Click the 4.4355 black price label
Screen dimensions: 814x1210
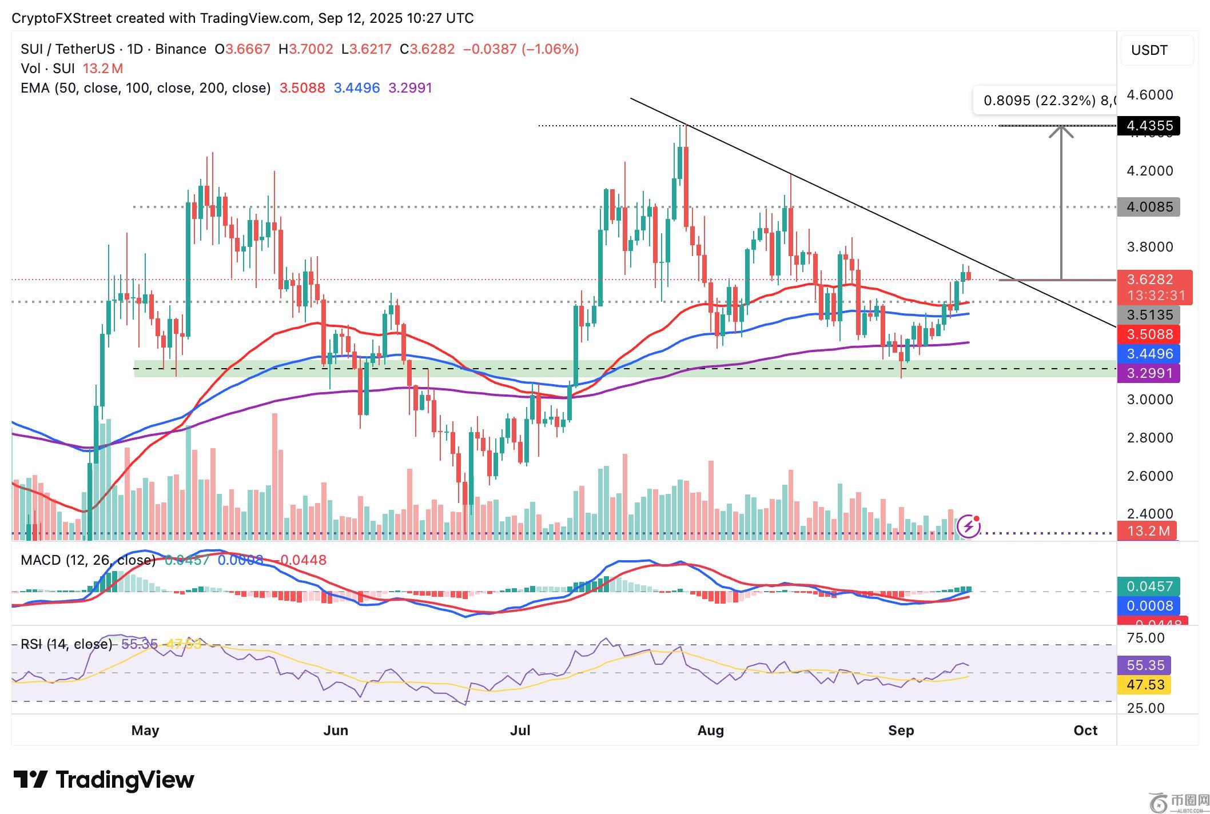pyautogui.click(x=1148, y=126)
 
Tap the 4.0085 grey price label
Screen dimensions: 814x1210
pyautogui.click(x=1148, y=207)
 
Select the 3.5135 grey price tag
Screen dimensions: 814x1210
pyautogui.click(x=1148, y=315)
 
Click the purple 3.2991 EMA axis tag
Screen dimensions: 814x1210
pyautogui.click(x=1148, y=373)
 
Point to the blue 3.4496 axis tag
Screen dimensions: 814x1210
pyautogui.click(x=1148, y=354)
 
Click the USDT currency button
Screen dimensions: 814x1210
pyautogui.click(x=1156, y=50)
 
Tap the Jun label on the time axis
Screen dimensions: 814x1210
pyautogui.click(x=336, y=730)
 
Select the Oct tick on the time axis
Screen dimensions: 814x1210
pyautogui.click(x=1085, y=730)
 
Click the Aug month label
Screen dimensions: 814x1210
pyautogui.click(x=711, y=730)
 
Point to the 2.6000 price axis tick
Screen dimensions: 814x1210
pyautogui.click(x=1149, y=476)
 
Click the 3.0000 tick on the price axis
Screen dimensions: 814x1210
pyautogui.click(x=1149, y=400)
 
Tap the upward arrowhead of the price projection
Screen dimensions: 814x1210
pyautogui.click(x=1061, y=131)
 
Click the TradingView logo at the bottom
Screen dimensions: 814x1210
pyautogui.click(x=104, y=780)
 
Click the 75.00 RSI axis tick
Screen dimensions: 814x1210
pyautogui.click(x=1145, y=638)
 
